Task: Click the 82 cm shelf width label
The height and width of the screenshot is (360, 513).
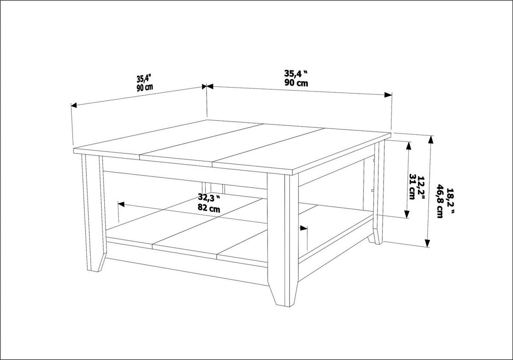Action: [209, 209]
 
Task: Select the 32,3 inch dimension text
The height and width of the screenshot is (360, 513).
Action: [209, 198]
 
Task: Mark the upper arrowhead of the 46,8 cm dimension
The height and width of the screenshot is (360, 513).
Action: [430, 139]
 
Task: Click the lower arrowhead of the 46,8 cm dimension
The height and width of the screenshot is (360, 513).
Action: [427, 244]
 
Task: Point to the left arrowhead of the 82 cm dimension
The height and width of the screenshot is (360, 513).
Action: [121, 204]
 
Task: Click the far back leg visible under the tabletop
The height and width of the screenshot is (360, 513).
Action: [214, 189]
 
